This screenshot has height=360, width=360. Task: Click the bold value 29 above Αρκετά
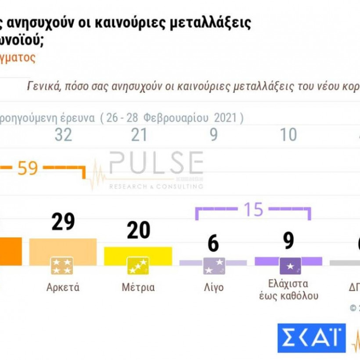click(63, 222)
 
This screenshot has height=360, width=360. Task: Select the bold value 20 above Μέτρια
click(138, 230)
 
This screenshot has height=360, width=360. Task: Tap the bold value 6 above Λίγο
click(213, 243)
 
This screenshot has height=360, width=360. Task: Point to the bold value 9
click(288, 241)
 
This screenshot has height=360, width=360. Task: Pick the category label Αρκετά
click(63, 288)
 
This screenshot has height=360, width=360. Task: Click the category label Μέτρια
click(138, 288)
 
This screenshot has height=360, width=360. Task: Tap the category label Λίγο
click(214, 288)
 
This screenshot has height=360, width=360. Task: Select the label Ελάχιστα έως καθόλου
click(288, 290)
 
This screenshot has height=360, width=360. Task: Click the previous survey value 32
click(63, 135)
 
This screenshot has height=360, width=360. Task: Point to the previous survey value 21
click(139, 135)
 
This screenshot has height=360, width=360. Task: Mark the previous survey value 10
click(288, 135)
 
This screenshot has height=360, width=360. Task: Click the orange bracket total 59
click(28, 168)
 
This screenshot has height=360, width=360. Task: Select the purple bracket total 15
click(254, 210)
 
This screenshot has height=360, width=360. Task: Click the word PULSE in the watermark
click(156, 163)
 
